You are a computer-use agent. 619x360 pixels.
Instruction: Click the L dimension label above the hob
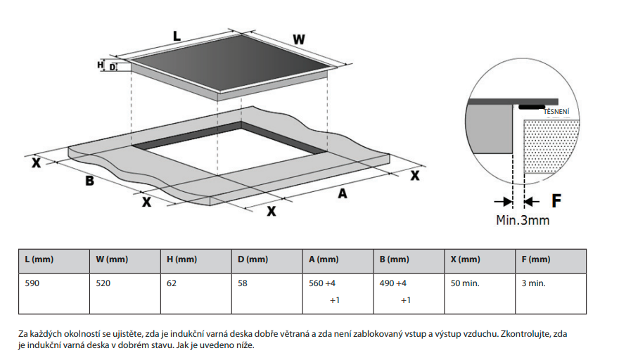click(177, 34)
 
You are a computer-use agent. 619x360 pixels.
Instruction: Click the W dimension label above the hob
click(299, 39)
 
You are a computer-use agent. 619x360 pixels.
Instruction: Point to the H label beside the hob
click(100, 65)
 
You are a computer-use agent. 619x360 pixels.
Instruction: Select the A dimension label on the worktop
click(343, 193)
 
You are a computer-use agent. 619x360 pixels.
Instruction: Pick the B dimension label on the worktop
click(89, 181)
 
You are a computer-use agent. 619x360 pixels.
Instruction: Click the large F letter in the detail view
click(556, 201)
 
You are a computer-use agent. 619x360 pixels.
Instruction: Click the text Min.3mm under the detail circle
click(523, 220)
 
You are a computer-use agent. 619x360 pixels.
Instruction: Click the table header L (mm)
click(39, 260)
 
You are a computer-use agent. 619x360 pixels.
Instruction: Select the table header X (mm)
click(465, 260)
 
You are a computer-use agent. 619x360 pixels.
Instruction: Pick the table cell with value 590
click(33, 283)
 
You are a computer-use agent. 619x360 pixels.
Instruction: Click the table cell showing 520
click(104, 283)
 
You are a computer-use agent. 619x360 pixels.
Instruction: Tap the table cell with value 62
click(172, 283)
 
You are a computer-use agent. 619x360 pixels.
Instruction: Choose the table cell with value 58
click(243, 283)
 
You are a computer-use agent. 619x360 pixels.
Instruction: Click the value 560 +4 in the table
click(323, 283)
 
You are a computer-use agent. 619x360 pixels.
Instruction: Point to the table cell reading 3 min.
click(534, 283)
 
